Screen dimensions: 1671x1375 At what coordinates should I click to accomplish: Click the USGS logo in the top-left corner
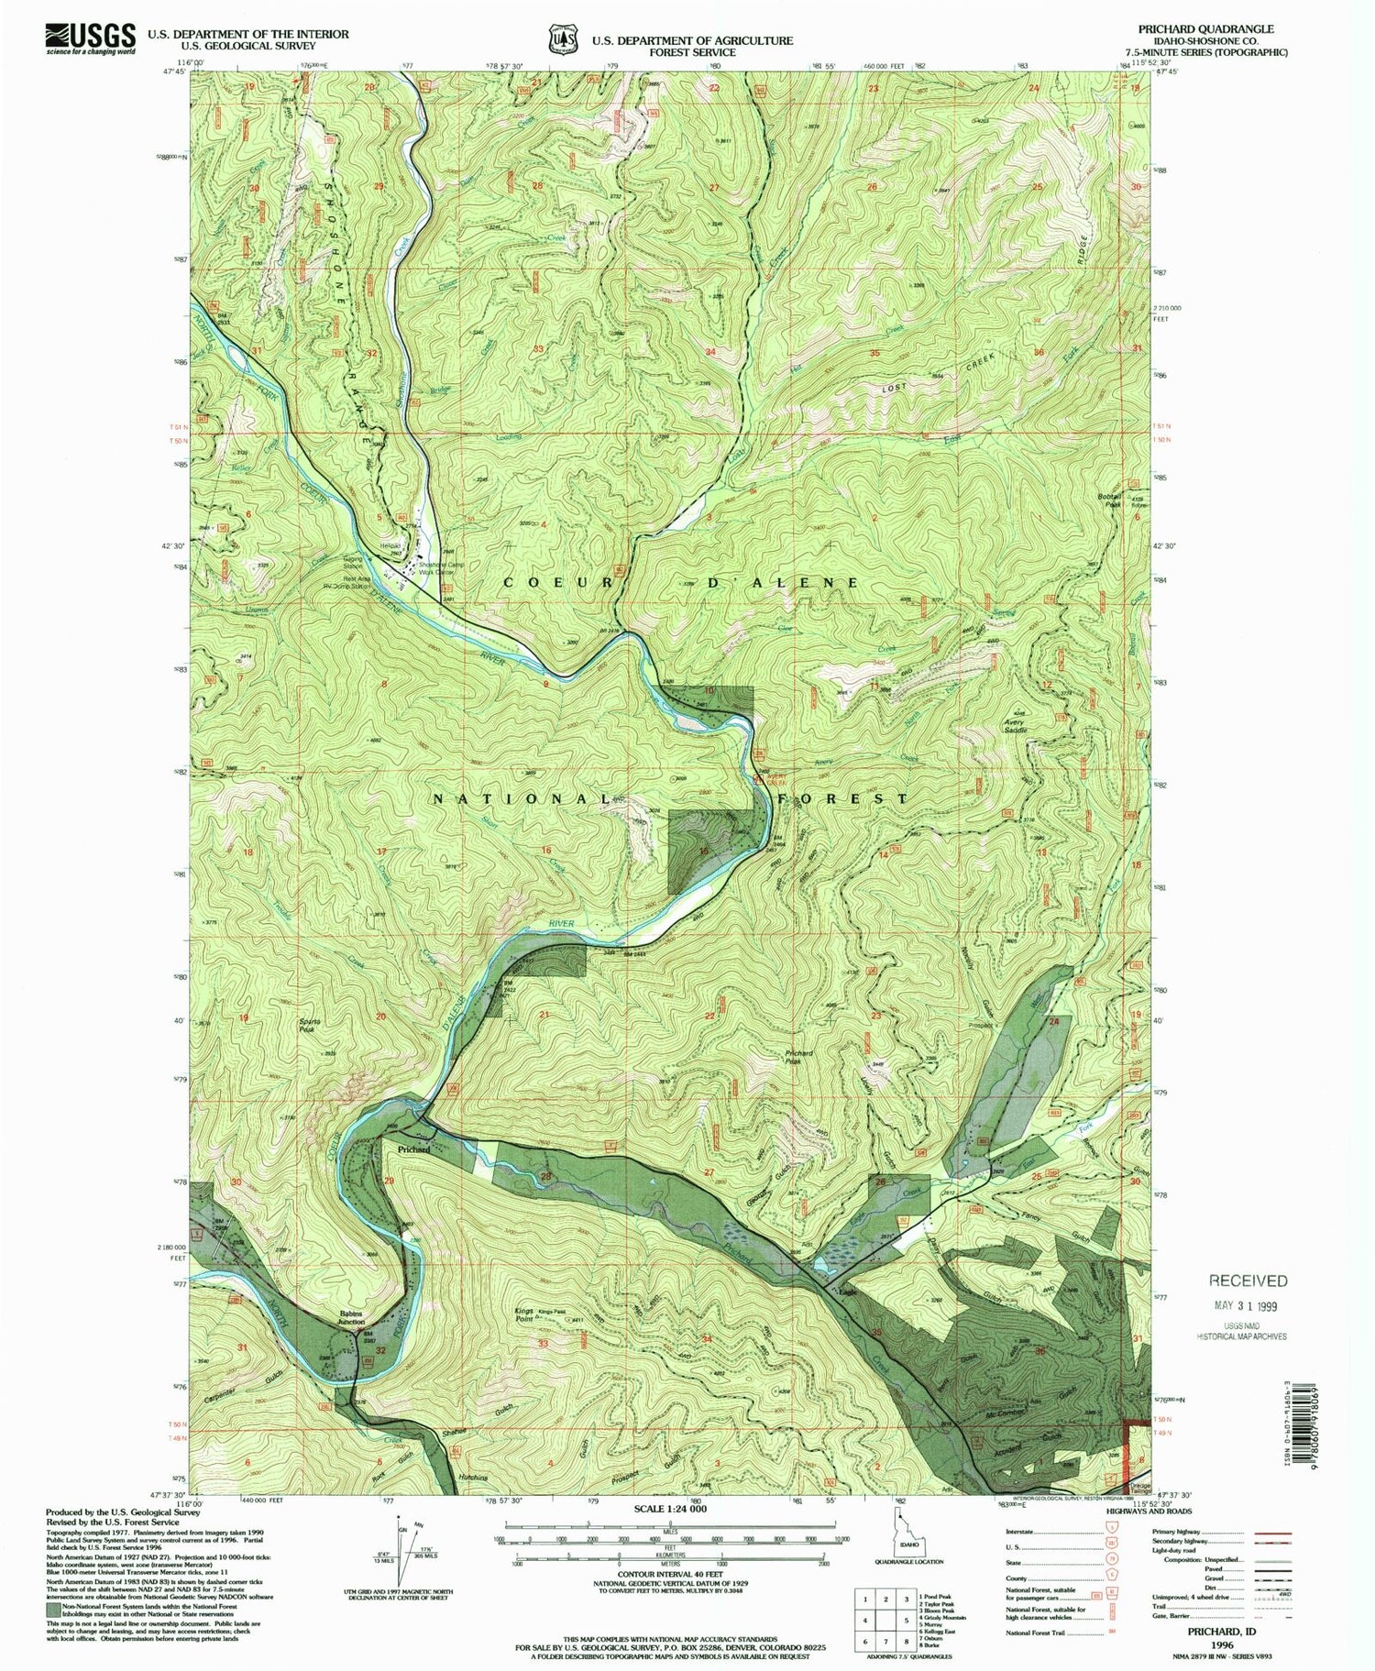click(x=90, y=39)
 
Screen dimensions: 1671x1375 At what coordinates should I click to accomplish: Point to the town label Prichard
click(x=413, y=1149)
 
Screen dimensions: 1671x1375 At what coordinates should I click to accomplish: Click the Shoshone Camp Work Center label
click(x=443, y=568)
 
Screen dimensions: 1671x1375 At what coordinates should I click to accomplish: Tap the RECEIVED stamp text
click(x=1247, y=1281)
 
